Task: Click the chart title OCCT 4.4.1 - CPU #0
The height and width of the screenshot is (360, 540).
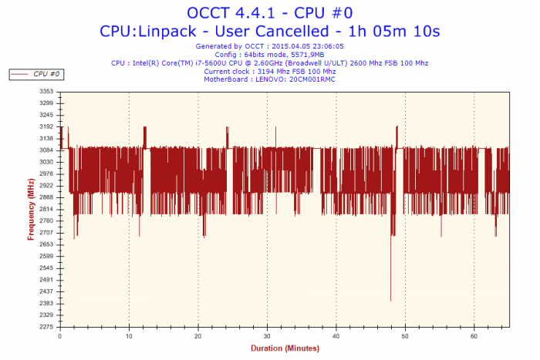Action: (x=269, y=13)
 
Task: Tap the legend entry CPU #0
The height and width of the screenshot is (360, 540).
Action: (x=46, y=74)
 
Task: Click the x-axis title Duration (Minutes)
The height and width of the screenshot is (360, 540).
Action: (x=285, y=348)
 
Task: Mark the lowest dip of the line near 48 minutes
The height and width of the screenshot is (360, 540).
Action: (x=391, y=301)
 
